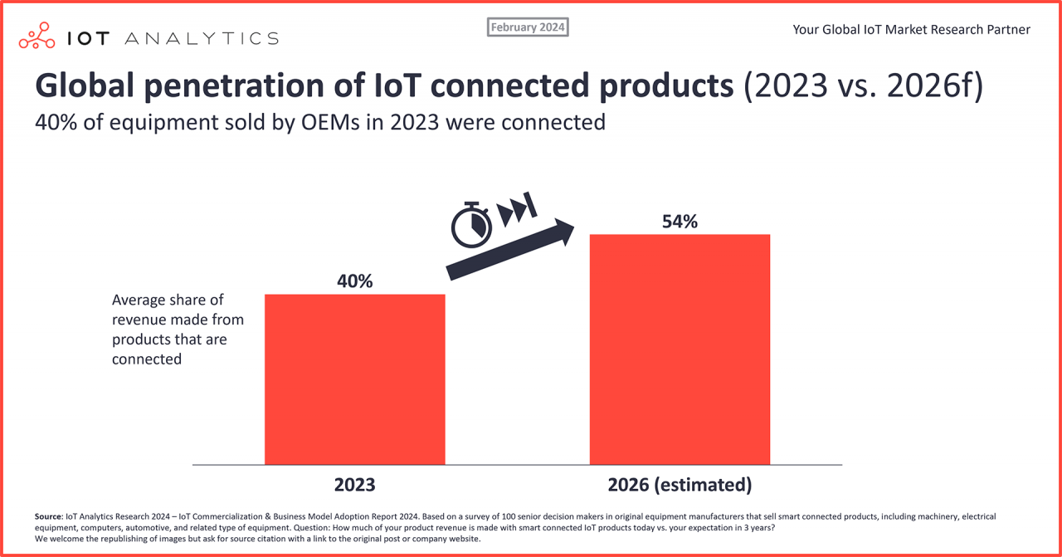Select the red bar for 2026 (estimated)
pos(680,349)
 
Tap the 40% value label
pos(354,281)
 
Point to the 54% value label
pos(680,222)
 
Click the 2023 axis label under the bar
pos(354,484)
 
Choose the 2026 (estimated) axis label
pos(680,484)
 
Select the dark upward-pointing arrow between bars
pos(510,249)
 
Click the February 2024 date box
pos(528,27)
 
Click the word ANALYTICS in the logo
pos(204,38)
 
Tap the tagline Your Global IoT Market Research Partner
pos(911,30)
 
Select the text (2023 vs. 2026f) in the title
pos(863,87)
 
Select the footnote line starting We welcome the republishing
pos(257,539)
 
